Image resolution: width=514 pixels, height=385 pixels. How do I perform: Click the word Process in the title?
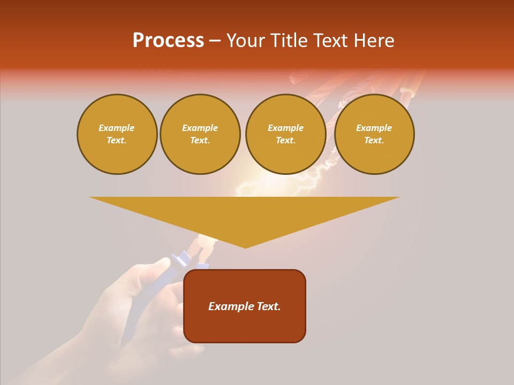click(168, 41)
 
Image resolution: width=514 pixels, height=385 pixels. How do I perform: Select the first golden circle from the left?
click(117, 134)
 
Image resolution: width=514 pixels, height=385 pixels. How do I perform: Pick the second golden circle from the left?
click(200, 134)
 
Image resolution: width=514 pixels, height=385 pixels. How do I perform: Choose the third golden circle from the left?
click(286, 134)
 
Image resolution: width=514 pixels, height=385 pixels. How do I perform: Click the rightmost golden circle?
click(374, 134)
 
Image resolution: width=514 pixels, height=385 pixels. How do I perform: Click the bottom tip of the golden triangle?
click(246, 247)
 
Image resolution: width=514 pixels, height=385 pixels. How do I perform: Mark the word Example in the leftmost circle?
click(117, 128)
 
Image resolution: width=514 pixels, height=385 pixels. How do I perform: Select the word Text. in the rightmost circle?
click(374, 140)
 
